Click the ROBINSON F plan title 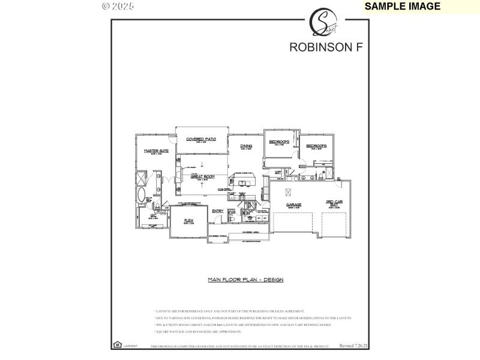coord(326,47)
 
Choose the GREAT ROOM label coord(203,176)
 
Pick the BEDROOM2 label coord(279,142)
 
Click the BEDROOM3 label coord(316,146)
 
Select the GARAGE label coord(293,205)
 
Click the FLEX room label coord(189,220)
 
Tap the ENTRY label coord(217,211)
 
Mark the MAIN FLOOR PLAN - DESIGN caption coord(245,280)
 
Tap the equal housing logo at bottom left coord(116,345)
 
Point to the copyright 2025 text coord(118,6)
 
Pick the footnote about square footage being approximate coord(199,331)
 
